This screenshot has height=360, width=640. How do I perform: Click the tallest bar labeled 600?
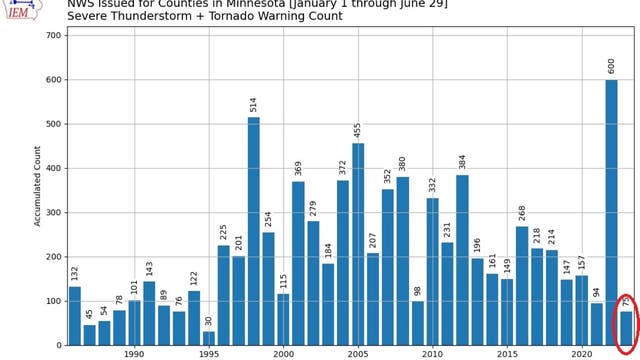[611, 212]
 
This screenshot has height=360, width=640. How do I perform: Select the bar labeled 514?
[253, 231]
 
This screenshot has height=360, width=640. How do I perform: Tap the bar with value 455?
[358, 244]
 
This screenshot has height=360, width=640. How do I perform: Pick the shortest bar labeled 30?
[209, 338]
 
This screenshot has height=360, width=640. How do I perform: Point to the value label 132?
[75, 273]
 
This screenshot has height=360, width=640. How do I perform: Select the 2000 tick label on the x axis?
[283, 353]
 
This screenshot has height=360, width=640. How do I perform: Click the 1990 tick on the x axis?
[134, 353]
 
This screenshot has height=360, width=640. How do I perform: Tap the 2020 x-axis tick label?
[582, 353]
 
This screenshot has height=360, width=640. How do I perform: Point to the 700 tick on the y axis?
[54, 35]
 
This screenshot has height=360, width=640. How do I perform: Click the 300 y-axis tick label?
[54, 212]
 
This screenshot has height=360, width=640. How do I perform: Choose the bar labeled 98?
[417, 323]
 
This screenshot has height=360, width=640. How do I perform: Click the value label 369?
[298, 168]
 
